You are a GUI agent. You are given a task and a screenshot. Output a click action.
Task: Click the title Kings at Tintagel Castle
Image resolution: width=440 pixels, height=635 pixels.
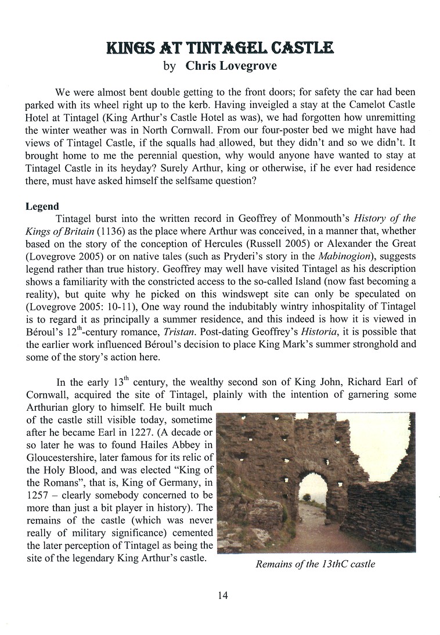(219, 47)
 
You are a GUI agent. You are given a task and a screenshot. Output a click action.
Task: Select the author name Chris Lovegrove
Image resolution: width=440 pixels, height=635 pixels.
(231, 66)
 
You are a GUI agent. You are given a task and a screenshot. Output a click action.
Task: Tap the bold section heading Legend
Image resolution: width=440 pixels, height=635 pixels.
(42, 206)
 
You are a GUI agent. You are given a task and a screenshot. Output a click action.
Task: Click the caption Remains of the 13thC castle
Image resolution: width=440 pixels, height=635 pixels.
(315, 564)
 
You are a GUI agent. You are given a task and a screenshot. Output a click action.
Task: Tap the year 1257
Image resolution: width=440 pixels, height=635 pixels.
(38, 496)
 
